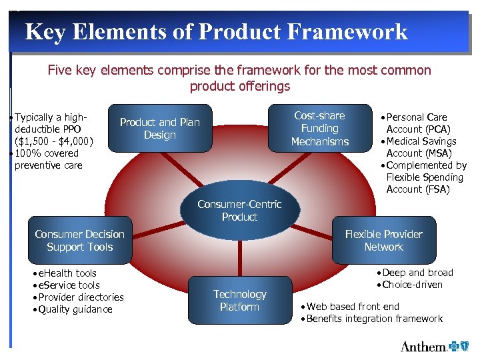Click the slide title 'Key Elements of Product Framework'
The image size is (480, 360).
tap(216, 31)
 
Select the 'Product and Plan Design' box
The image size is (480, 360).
tap(159, 129)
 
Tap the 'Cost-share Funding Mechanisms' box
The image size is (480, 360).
tap(319, 128)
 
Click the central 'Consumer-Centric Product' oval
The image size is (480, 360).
tap(239, 211)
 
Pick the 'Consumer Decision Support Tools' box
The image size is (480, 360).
tap(79, 241)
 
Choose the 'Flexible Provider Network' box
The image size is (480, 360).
tap(383, 241)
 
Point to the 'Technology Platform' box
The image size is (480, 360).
tap(239, 301)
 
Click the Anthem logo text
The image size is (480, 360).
tap(423, 346)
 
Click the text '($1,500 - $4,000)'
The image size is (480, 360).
tap(54, 141)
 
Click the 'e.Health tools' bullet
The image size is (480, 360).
tap(67, 273)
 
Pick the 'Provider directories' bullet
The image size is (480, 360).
tap(81, 297)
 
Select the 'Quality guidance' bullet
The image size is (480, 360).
tap(75, 309)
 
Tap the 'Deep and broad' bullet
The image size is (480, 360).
tap(417, 273)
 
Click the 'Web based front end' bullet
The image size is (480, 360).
tap(353, 307)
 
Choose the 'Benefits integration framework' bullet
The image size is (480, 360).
tap(374, 319)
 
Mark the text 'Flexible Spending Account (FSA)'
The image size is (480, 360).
tap(425, 183)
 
